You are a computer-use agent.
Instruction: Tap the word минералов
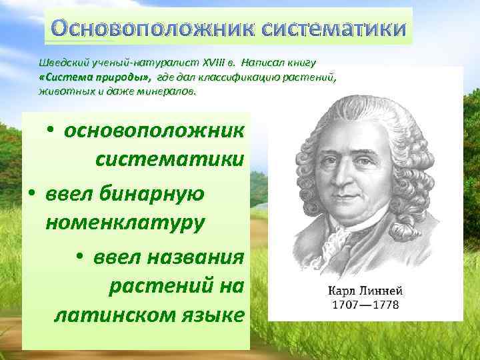170,91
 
